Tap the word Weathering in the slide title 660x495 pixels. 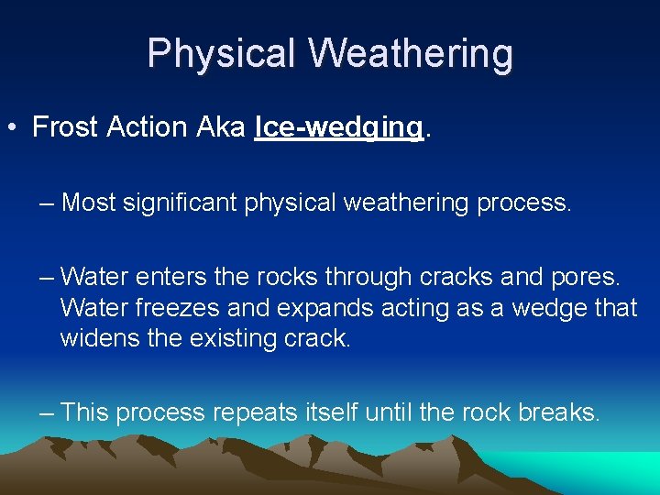(411, 54)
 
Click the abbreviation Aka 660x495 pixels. (222, 127)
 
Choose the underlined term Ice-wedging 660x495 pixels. (339, 128)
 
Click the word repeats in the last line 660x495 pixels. (252, 412)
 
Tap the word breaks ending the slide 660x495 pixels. (558, 412)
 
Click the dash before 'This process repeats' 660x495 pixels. (47, 412)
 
